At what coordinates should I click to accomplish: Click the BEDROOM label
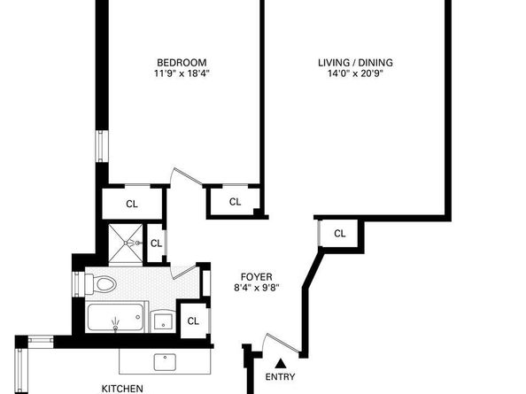pos(182,62)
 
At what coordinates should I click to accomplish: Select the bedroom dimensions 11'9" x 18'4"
pos(182,73)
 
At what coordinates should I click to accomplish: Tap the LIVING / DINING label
pos(355,63)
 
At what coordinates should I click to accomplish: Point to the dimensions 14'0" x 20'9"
pos(355,74)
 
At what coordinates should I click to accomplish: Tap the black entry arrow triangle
pos(281,362)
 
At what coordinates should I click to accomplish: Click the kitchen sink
pos(166,361)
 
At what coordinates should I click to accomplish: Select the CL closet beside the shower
pos(155,243)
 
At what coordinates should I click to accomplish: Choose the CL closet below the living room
pos(339,233)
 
